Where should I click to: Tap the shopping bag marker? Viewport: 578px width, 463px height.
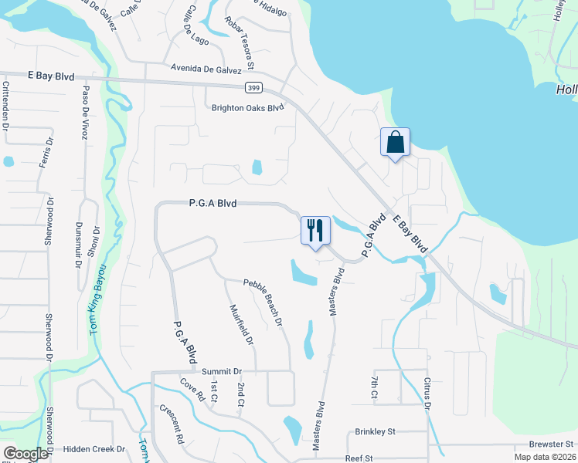pos(395,143)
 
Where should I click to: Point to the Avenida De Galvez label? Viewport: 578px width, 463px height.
pos(207,67)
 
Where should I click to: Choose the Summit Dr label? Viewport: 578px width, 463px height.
pos(223,371)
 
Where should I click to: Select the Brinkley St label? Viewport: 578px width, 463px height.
pos(375,431)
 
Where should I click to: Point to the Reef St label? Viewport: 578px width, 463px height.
pos(359,458)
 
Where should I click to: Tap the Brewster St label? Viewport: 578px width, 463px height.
pos(552,444)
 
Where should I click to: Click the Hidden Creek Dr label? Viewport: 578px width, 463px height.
pos(93,448)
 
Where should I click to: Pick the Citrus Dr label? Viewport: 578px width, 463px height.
pos(426,394)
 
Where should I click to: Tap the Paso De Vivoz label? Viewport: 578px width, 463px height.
pos(84,112)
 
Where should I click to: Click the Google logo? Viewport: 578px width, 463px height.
pos(25,454)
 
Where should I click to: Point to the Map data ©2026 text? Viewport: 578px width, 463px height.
pos(545,458)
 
